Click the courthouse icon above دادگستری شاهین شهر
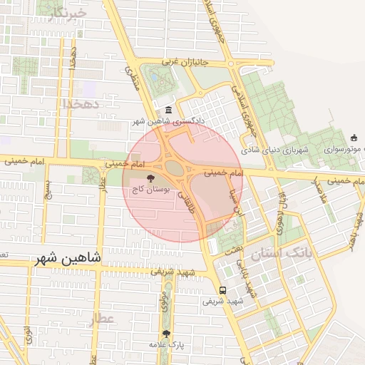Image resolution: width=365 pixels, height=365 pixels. (168, 110)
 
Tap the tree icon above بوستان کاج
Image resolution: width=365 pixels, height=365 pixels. (150, 178)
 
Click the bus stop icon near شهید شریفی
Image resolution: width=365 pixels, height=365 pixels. (223, 290)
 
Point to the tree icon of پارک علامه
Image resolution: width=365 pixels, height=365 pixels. (166, 333)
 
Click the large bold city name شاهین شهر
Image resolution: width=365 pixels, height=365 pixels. (68, 257)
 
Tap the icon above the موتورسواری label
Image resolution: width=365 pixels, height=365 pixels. (354, 138)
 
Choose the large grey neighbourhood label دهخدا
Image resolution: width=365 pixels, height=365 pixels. (85, 104)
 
